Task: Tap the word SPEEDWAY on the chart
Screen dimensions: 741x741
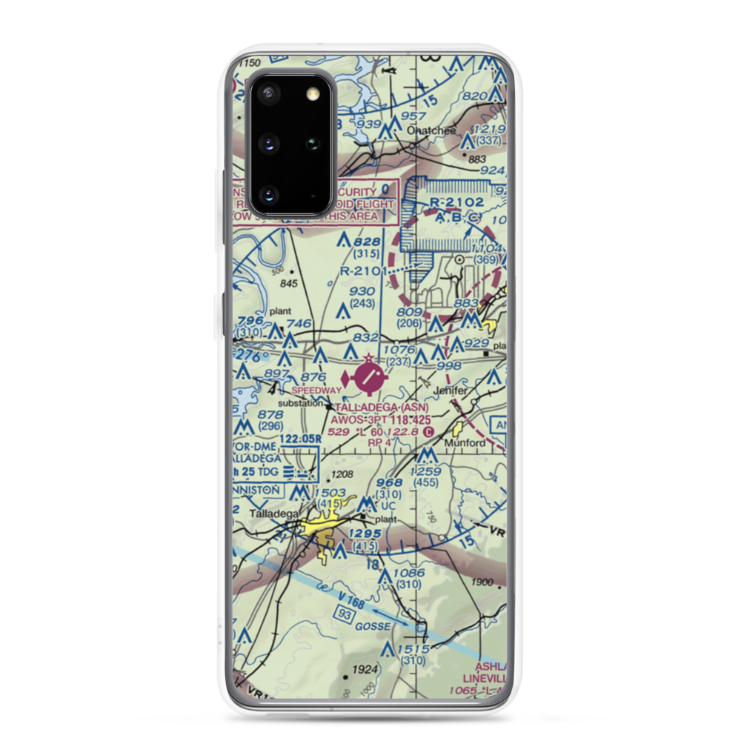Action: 317,390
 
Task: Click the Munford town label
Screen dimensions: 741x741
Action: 465,443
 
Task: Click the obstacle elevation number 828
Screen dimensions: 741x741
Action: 367,242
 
